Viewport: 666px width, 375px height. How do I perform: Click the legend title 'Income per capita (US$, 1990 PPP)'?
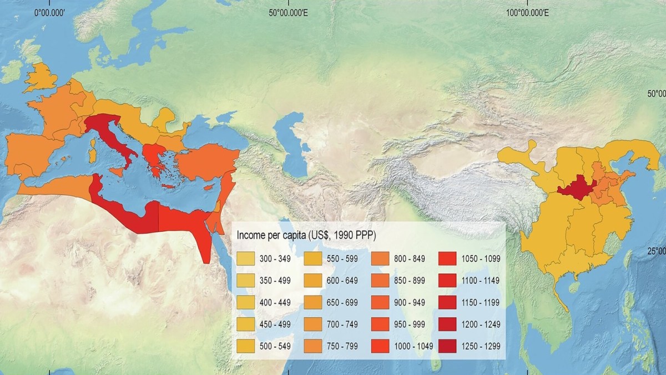306,235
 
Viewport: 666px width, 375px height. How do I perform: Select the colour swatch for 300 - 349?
245,258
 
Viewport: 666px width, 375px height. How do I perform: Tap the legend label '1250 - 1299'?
481,346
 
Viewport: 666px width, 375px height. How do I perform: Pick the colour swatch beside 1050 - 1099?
448,258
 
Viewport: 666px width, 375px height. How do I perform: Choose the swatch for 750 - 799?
380,346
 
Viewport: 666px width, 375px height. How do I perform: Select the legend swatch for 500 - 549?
245,346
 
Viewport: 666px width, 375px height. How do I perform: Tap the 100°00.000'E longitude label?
527,12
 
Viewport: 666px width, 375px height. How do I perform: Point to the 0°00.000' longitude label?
51,12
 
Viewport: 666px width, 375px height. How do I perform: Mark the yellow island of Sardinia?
92,153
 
